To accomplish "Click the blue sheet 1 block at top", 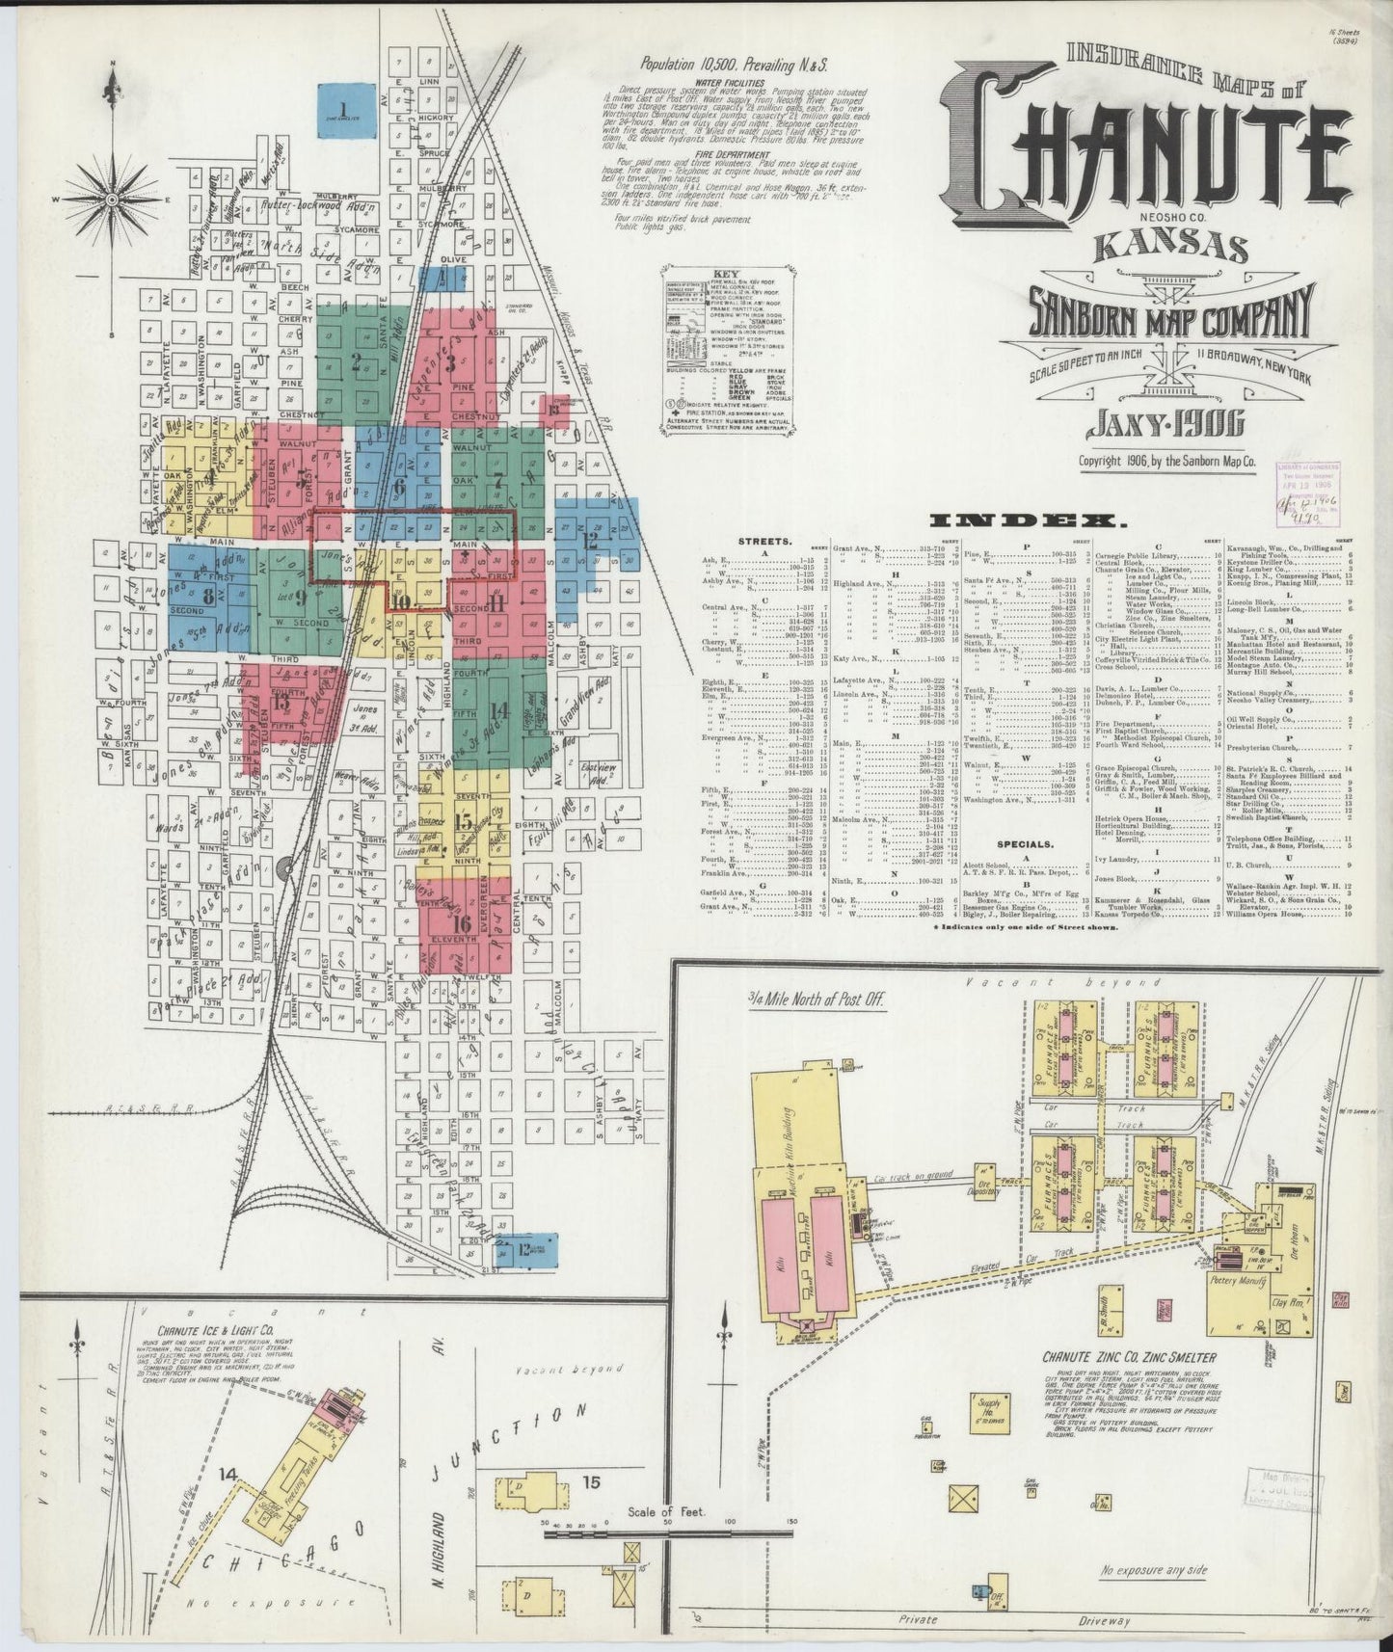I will (347, 112).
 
